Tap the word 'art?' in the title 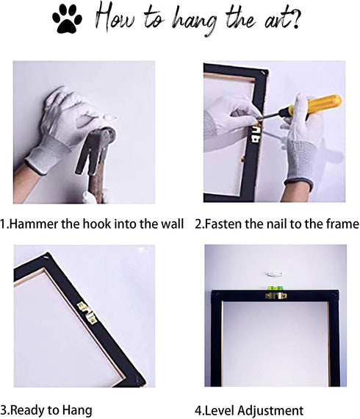281,18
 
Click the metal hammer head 96,151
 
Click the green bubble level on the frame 275,288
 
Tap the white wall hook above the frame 274,274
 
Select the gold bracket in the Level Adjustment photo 276,296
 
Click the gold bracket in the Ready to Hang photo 87,312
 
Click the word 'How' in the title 115,17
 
